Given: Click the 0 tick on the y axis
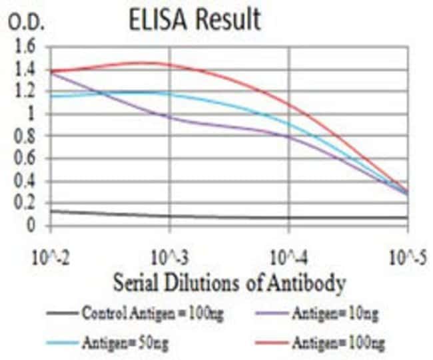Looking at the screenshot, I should [x=31, y=226].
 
